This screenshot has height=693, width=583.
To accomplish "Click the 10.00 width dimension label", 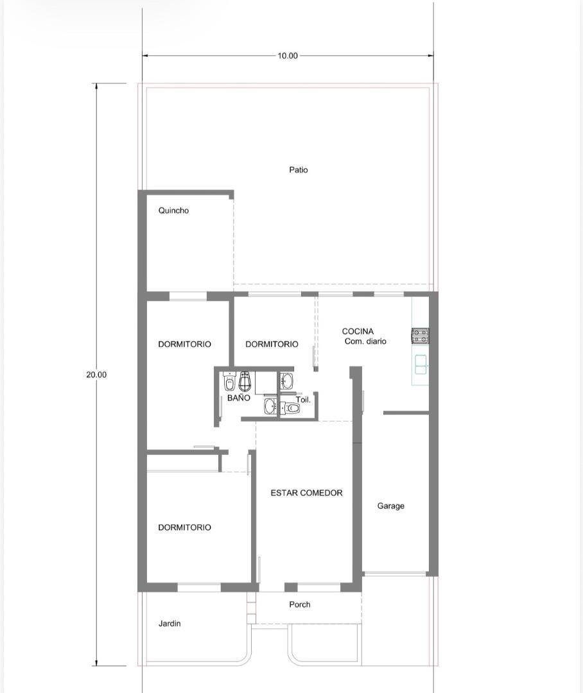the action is [x=288, y=56].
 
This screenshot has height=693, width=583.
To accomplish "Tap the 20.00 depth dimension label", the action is [x=96, y=374].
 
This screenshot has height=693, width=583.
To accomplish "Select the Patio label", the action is [x=299, y=169].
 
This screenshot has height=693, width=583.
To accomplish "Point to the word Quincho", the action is [x=173, y=210].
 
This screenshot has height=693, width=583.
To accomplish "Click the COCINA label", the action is [x=358, y=331].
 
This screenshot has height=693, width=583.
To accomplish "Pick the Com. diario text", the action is [x=365, y=341].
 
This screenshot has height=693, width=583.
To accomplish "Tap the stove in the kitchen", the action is [x=420, y=336].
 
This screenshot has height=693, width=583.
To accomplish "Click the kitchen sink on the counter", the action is [x=421, y=364].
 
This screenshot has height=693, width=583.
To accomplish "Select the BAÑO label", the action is [x=239, y=398].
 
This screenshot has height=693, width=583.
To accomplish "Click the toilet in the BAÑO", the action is [x=245, y=381].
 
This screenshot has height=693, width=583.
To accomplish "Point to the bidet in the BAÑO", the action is [x=229, y=382].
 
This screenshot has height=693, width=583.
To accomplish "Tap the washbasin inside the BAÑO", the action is [x=270, y=406].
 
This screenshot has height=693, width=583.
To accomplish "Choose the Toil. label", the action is [x=304, y=400].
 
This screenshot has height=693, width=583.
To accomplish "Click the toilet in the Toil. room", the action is [x=291, y=407].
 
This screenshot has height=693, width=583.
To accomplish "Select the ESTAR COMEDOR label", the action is [x=306, y=493].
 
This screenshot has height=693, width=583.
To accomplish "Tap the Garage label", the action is [x=390, y=506].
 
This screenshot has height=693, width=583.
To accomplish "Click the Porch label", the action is [x=300, y=604].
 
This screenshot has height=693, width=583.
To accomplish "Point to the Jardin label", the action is [x=170, y=624].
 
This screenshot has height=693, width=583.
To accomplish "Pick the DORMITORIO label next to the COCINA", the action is [x=272, y=345].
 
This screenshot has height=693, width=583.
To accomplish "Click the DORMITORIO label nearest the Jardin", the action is [x=184, y=527].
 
